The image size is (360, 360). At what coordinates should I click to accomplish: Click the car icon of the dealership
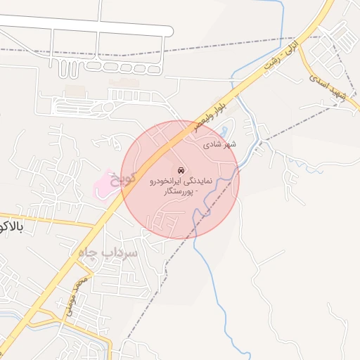(x=181, y=171)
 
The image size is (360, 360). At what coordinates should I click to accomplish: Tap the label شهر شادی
(x=221, y=143)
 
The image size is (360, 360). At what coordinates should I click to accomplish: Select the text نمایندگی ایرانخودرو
(x=181, y=181)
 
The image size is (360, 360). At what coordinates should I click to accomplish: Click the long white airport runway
(x=84, y=26)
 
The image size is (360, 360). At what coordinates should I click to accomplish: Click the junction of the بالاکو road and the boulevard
(x=96, y=226)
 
